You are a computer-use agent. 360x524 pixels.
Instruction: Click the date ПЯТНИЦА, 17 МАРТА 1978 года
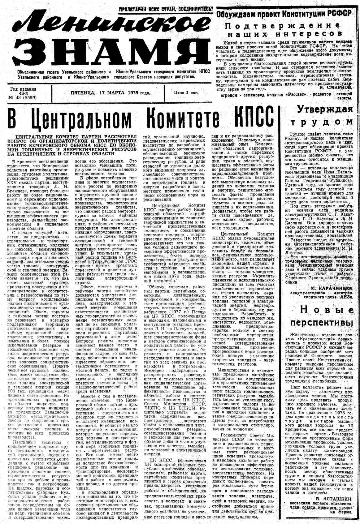111,92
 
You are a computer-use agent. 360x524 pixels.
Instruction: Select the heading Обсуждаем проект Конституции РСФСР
284,14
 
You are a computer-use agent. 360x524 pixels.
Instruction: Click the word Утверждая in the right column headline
325,109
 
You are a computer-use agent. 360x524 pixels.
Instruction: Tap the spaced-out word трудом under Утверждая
321,122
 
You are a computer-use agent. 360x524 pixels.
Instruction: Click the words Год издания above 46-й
23,89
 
